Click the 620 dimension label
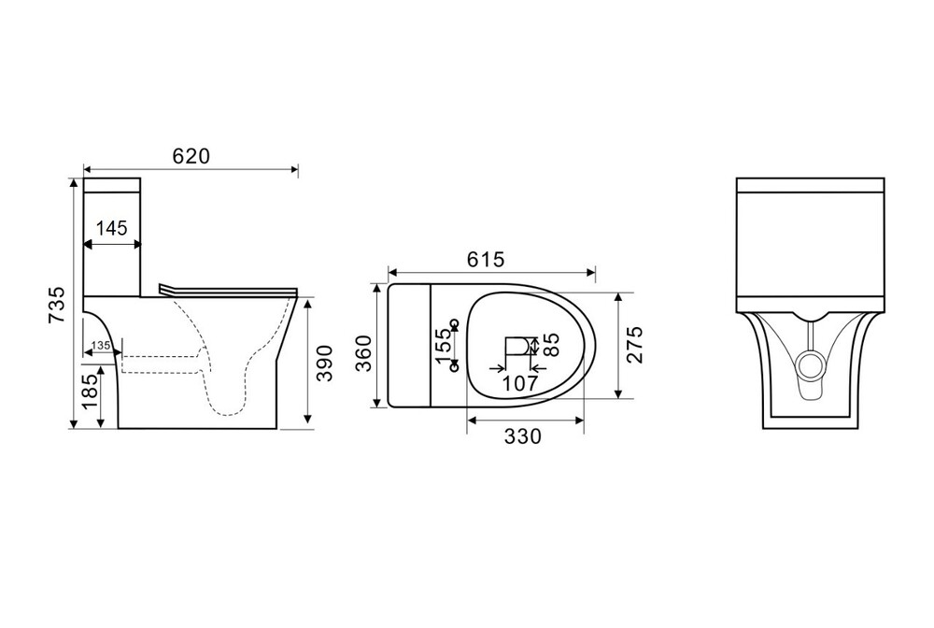click(x=191, y=156)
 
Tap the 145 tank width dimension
click(x=112, y=228)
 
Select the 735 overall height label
click(x=57, y=305)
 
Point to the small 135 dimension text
click(x=101, y=346)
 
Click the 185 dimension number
click(x=90, y=391)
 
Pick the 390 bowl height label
click(x=324, y=363)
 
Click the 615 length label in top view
click(x=486, y=259)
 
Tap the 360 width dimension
click(x=363, y=353)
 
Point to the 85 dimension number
click(x=552, y=345)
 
